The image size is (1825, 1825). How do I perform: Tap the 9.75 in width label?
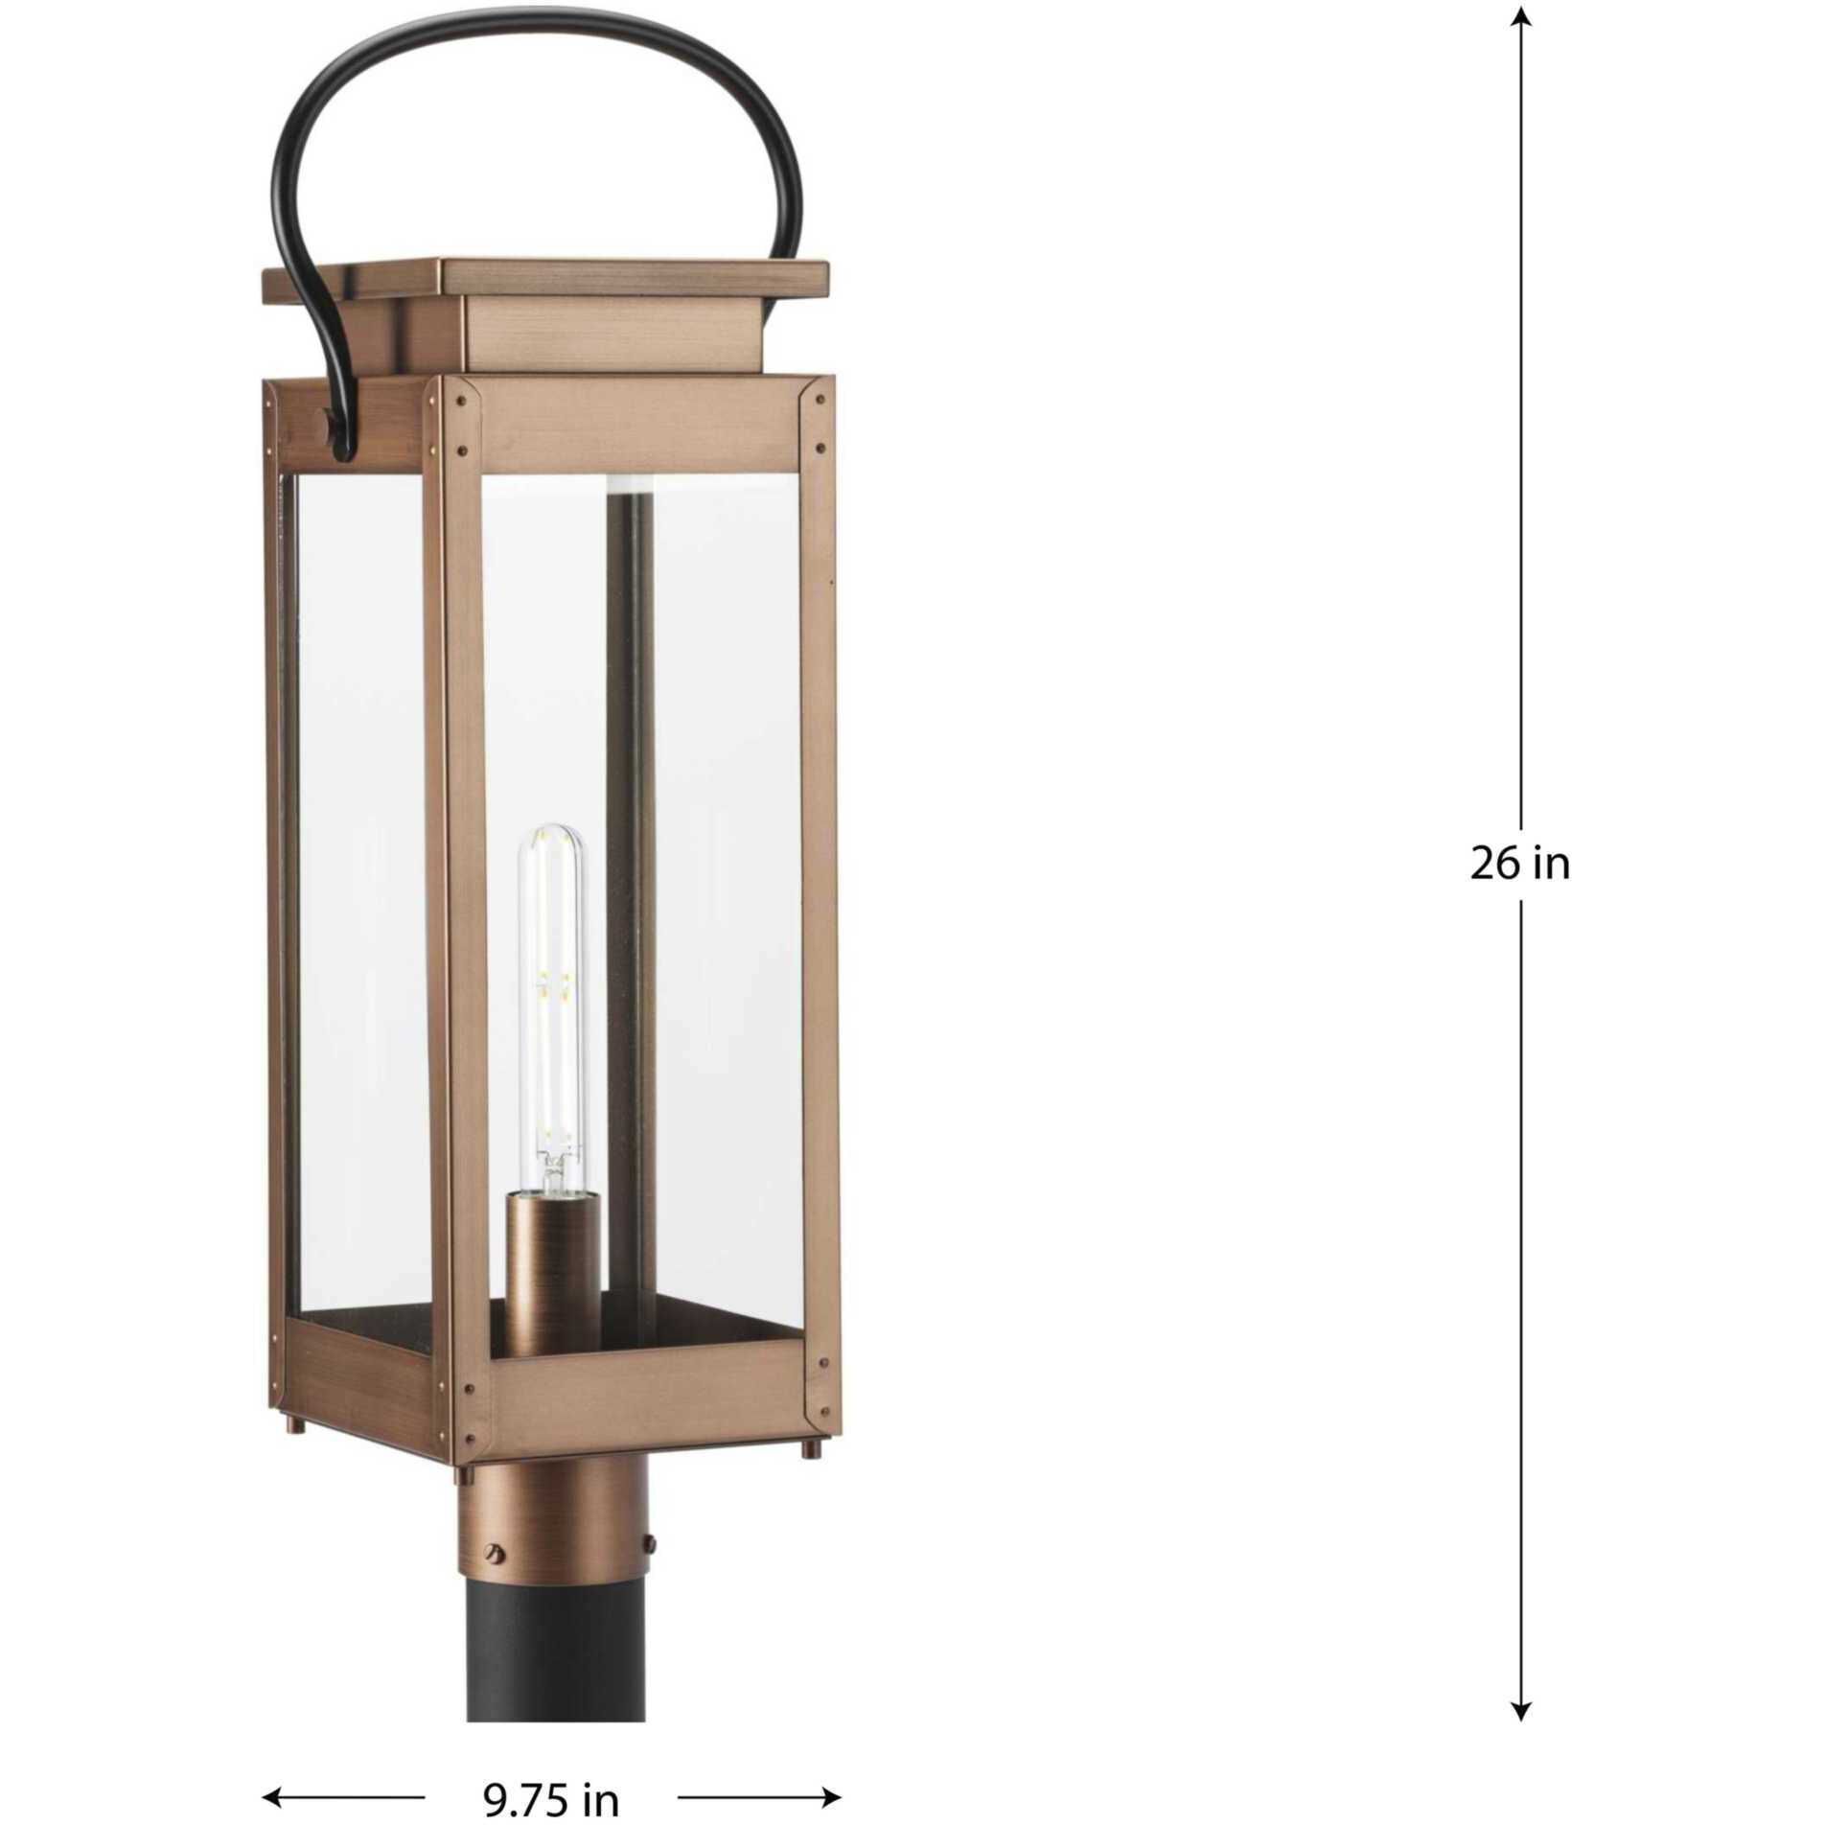pyautogui.click(x=550, y=1798)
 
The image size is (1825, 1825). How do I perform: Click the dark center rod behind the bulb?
pyautogui.click(x=630, y=767)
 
